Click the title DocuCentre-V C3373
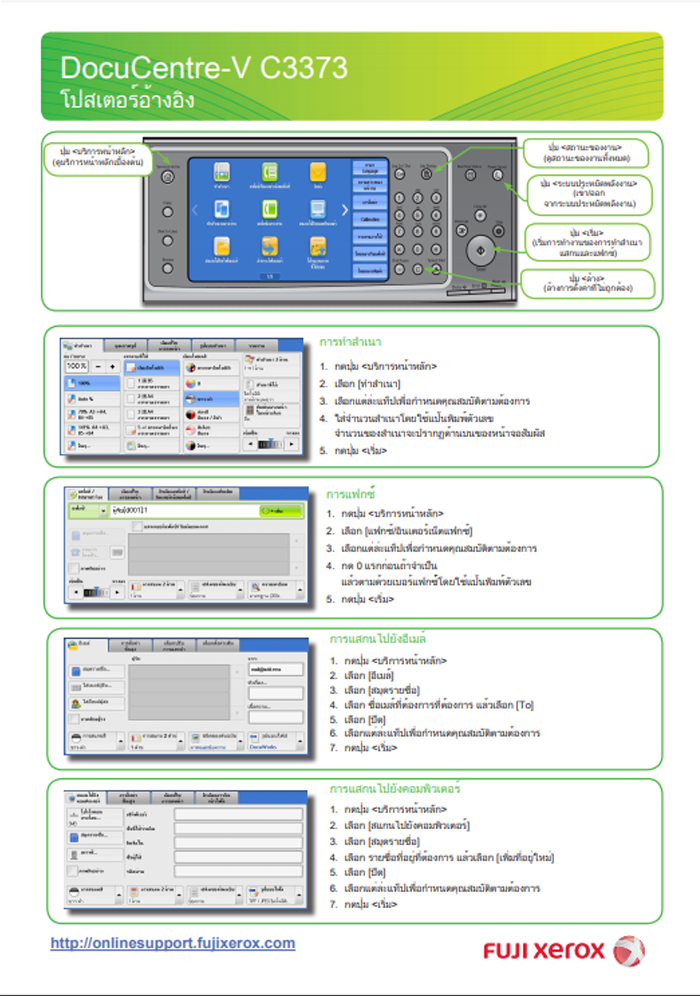pos(204,68)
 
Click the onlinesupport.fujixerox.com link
pos(173,943)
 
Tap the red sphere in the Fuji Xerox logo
pos(629,951)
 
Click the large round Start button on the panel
pos(480,251)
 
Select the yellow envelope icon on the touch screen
pos(318,173)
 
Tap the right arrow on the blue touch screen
pos(345,210)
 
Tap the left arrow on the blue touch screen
pos(195,210)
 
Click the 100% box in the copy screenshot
pos(76,366)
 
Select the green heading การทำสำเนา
pos(350,342)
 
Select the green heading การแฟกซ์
pos(351,494)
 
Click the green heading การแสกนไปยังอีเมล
pos(378,639)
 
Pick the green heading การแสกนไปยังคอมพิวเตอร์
pos(395,789)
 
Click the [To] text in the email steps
pos(525,705)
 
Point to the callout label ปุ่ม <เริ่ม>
pos(587,233)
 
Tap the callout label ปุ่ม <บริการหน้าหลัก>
pos(97,151)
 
